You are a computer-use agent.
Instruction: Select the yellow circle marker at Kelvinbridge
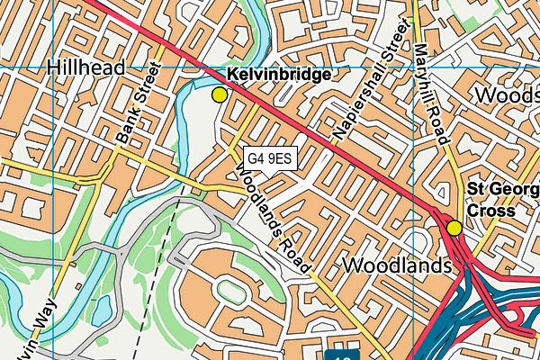pyautogui.click(x=219, y=94)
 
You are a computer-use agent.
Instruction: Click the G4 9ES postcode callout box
pyautogui.click(x=270, y=159)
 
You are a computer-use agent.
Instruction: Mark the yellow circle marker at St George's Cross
pyautogui.click(x=454, y=228)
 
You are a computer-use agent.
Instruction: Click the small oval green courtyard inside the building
pyautogui.click(x=229, y=290)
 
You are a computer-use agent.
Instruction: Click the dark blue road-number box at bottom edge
pyautogui.click(x=343, y=355)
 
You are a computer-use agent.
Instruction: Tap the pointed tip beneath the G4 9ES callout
pyautogui.click(x=270, y=175)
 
